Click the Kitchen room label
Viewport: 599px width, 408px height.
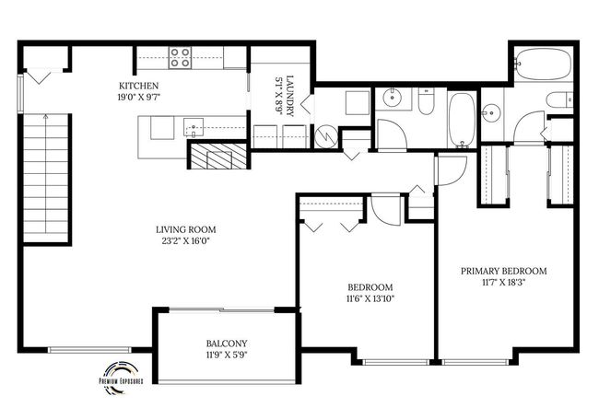138,86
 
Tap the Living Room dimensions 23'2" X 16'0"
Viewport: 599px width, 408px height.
185,241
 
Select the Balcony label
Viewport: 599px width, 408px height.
227,344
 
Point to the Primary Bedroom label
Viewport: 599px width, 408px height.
503,271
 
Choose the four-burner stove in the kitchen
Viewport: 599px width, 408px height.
180,57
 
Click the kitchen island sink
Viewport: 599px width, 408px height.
194,127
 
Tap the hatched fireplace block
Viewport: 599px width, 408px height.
218,156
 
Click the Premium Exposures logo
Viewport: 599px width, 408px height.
121,377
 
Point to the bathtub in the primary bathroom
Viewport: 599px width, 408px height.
543,64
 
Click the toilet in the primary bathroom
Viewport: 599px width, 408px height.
558,100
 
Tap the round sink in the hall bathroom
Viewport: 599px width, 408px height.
393,98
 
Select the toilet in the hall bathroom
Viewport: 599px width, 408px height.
426,101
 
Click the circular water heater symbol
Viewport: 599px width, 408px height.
326,136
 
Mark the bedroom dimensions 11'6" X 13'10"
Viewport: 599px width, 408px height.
370,298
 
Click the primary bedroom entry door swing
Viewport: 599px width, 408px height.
451,170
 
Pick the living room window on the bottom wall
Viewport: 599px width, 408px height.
89,350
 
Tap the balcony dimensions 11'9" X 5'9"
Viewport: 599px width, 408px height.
227,355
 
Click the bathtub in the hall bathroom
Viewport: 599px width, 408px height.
462,119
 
